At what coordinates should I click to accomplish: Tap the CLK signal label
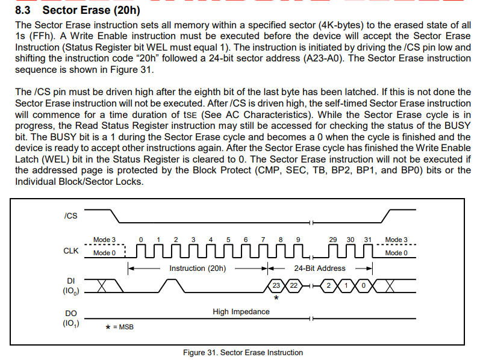click(x=71, y=251)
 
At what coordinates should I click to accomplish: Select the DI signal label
click(x=71, y=281)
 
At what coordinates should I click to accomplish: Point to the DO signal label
click(x=71, y=314)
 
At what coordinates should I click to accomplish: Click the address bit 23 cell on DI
click(x=276, y=285)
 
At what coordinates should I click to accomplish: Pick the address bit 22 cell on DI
click(x=293, y=285)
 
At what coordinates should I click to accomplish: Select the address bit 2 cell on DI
click(x=328, y=285)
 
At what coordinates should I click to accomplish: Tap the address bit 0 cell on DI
click(x=363, y=285)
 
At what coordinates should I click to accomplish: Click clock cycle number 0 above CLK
click(x=141, y=240)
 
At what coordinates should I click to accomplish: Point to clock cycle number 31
click(x=368, y=240)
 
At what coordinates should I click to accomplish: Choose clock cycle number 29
click(x=333, y=240)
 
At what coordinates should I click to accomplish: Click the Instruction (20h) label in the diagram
click(x=198, y=268)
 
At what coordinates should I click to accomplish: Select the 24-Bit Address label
click(x=320, y=268)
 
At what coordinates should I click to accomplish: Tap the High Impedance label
click(x=241, y=312)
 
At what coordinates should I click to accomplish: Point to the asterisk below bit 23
click(x=276, y=297)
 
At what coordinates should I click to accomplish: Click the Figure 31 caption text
click(x=243, y=352)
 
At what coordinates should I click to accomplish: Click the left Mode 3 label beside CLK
click(x=104, y=240)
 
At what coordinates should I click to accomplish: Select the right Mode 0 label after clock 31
click(x=396, y=253)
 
